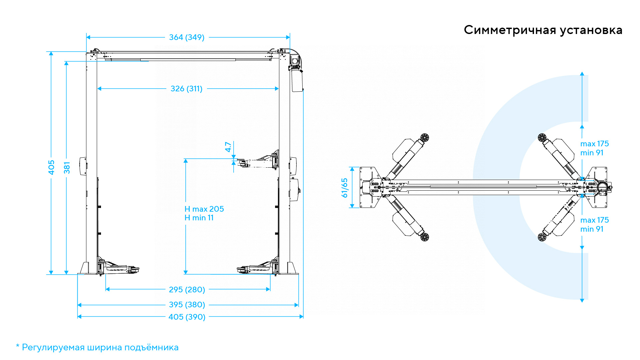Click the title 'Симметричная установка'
543,30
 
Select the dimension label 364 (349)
187,37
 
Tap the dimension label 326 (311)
186,89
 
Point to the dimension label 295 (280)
187,290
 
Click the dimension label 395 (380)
187,305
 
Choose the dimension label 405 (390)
187,317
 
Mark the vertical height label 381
67,168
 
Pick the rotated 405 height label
51,167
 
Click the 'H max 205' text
204,209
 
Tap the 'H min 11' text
199,218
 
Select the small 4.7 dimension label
228,147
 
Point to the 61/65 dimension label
344,188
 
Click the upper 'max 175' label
594,144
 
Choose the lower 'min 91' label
592,229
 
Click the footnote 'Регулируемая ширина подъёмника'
100,347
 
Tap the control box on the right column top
297,80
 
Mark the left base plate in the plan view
370,187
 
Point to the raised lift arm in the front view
258,162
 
